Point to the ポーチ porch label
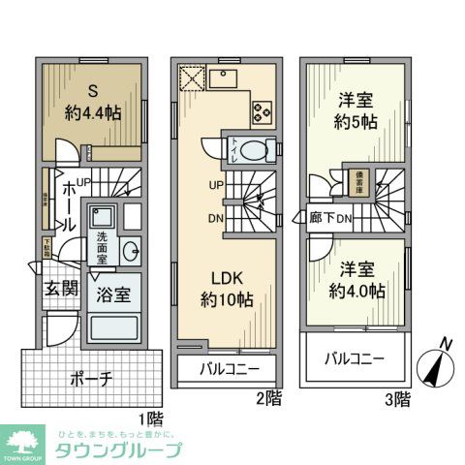coord(94,378)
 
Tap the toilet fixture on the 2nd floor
coord(251,151)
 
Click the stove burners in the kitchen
coord(263,110)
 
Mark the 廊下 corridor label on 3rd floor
coord(322,219)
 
